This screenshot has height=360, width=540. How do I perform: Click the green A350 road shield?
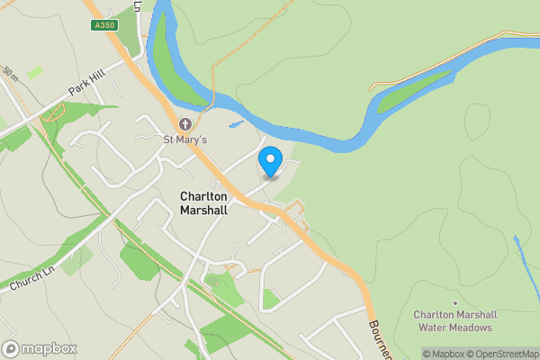click(104, 26)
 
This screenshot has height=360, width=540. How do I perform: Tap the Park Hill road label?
click(87, 85)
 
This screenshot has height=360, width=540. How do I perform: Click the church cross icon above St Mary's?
click(184, 124)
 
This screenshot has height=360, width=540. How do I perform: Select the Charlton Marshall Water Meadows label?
click(455, 320)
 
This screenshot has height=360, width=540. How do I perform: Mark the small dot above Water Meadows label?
click(455, 302)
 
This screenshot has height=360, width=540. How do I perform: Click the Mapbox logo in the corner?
click(40, 348)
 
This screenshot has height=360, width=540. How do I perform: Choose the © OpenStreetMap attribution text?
click(504, 354)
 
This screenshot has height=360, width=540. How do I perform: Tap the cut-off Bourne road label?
click(380, 338)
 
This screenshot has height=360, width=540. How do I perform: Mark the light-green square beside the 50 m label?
click(34, 72)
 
